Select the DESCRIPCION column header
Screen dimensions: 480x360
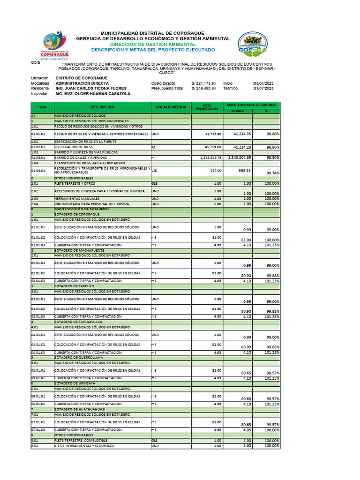(103, 107)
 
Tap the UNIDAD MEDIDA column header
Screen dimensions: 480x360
(171, 107)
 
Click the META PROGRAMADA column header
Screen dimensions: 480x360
(207, 107)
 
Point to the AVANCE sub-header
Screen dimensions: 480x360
(238, 111)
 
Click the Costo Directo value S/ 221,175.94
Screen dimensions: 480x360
(203, 83)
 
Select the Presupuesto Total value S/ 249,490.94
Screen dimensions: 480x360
(203, 88)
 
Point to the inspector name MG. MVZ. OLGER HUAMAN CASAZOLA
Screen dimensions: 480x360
(92, 94)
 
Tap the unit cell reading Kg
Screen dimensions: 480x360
(153, 147)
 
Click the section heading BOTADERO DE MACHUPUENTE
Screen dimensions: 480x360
(78, 250)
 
